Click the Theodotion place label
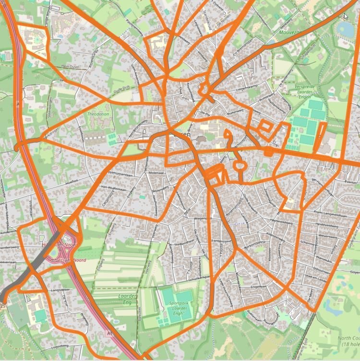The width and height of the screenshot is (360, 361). (98, 114)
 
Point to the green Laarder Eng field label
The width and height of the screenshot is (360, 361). (127, 300)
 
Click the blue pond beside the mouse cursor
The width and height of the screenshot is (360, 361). (345, 29)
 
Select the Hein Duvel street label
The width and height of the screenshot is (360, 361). (71, 67)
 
